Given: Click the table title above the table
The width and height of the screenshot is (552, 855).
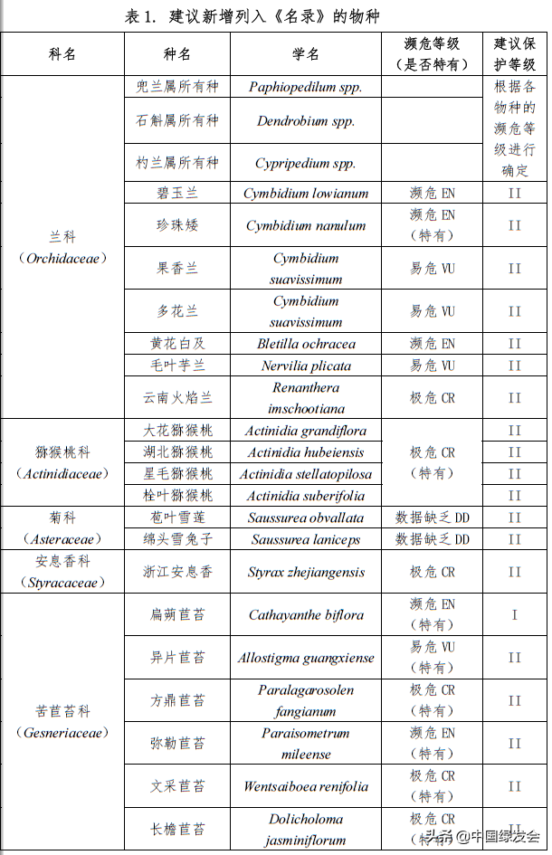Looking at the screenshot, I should click(x=276, y=16).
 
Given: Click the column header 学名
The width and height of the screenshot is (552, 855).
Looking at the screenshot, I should click(x=306, y=54).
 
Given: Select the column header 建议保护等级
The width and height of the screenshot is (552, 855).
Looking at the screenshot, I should click(x=515, y=54).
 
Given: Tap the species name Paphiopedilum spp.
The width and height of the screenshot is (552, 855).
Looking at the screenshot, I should click(x=306, y=87).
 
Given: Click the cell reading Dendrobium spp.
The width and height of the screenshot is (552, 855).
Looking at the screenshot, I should click(x=306, y=120).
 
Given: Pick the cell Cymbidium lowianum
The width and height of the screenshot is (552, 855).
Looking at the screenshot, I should click(x=306, y=193).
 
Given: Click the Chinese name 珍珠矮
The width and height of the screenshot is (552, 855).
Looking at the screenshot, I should click(x=177, y=225).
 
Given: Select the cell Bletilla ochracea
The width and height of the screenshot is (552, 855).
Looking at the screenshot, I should click(x=306, y=344).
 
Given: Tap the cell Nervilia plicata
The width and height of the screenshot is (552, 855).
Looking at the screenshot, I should click(x=306, y=366).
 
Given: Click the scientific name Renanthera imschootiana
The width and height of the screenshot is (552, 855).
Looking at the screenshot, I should click(x=306, y=397).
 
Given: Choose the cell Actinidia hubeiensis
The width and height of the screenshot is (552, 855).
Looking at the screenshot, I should click(x=306, y=452).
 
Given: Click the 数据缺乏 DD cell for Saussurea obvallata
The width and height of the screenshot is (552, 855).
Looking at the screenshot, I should click(x=433, y=518).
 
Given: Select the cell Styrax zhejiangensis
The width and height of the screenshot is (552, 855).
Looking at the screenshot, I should click(x=306, y=572).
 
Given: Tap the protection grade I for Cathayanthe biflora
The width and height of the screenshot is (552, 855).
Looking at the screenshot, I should click(x=515, y=615).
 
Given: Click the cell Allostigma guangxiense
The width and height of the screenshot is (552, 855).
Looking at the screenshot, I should click(x=306, y=658).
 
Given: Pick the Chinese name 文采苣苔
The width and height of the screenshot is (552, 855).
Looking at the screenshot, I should click(x=177, y=786).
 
